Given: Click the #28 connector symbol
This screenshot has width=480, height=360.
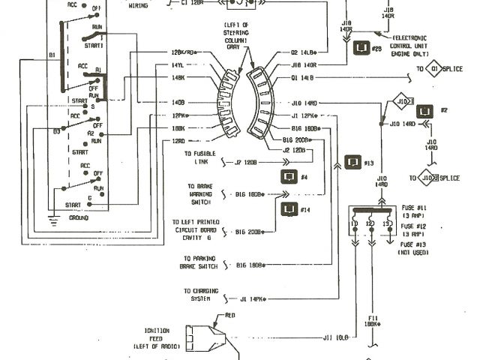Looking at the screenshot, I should click(361, 49).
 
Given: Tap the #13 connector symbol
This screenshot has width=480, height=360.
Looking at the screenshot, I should click(351, 163).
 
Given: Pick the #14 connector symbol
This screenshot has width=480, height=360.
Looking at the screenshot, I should click(287, 210).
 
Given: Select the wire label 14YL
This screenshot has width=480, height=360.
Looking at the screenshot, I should click(178, 65).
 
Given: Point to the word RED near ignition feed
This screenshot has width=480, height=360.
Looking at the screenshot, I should click(230, 316).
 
